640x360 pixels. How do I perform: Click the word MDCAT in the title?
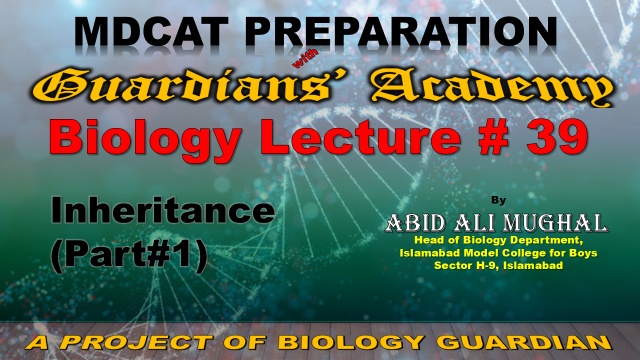coord(152,32)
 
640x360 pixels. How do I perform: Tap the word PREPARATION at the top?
coord(401,32)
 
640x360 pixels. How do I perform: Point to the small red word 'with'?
coord(305,58)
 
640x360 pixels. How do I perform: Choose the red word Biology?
coord(145,138)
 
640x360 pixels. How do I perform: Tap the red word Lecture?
coord(364,136)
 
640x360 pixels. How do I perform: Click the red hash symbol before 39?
coord(494,136)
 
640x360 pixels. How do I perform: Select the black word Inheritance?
coord(163,210)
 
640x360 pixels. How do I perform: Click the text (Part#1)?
coord(129,253)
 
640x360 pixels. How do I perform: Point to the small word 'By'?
coord(498,200)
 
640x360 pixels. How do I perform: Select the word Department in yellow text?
coord(547,240)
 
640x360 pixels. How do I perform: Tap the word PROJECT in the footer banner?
coord(137,342)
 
